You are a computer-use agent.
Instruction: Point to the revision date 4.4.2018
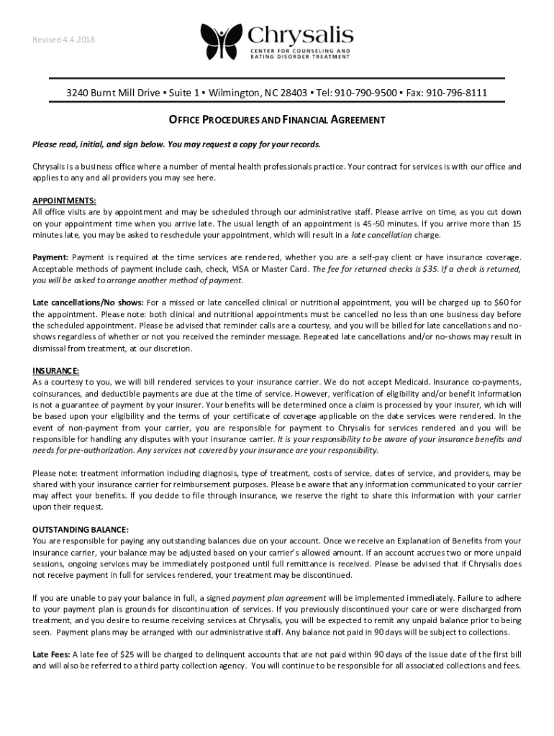coord(80,39)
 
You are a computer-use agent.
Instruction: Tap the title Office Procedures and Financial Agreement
coord(277,119)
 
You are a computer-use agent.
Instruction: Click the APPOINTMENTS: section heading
coord(65,201)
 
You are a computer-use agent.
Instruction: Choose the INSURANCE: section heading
coord(56,371)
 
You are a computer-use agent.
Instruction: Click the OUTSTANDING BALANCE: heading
coord(81,530)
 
